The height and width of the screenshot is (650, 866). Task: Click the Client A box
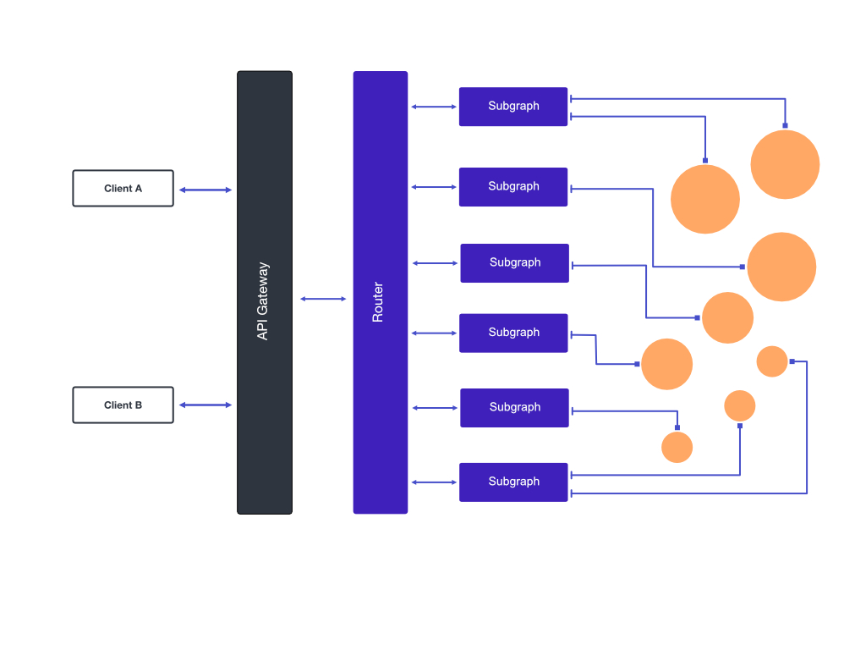(123, 189)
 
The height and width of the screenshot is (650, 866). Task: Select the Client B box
(123, 405)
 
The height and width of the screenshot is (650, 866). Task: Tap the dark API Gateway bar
(265, 292)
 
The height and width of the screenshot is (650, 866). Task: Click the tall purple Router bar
(381, 292)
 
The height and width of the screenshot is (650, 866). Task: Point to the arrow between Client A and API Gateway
(206, 190)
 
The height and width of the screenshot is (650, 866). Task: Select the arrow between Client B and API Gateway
(206, 405)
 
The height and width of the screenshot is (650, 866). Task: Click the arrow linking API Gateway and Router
(323, 299)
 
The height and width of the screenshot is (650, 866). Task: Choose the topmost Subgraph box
(513, 107)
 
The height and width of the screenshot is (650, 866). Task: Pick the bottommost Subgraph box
(513, 482)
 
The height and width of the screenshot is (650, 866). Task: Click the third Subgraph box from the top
(515, 263)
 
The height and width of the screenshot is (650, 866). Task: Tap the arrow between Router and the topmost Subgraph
(434, 107)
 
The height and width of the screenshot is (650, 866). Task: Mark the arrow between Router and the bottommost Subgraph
(434, 482)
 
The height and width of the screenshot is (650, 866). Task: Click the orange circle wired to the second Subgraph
(781, 267)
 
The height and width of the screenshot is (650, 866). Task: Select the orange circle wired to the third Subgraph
(728, 318)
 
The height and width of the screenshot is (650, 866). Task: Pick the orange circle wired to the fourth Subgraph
(666, 364)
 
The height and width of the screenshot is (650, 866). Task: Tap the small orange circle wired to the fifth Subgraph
(677, 447)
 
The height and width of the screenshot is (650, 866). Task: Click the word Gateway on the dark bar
(263, 288)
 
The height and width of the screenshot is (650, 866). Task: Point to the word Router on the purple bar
(378, 302)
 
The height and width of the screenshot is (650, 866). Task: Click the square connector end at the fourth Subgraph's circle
(638, 364)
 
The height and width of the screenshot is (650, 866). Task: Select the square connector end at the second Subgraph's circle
(743, 267)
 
